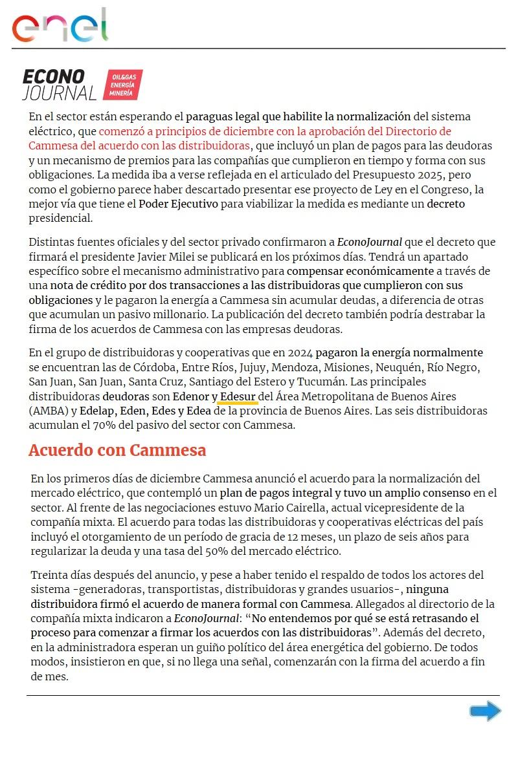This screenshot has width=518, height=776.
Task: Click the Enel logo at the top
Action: pyautogui.click(x=60, y=26)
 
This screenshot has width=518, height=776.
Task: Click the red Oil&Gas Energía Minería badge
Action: pyautogui.click(x=123, y=85)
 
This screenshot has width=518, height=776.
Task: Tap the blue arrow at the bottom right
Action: pyautogui.click(x=485, y=712)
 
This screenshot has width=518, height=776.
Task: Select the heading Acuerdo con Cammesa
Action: pyautogui.click(x=117, y=450)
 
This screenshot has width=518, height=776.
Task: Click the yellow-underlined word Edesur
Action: pyautogui.click(x=238, y=396)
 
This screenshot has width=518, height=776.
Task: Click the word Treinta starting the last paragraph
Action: pyautogui.click(x=49, y=575)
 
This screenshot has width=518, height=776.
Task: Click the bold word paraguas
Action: pyautogui.click(x=212, y=116)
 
